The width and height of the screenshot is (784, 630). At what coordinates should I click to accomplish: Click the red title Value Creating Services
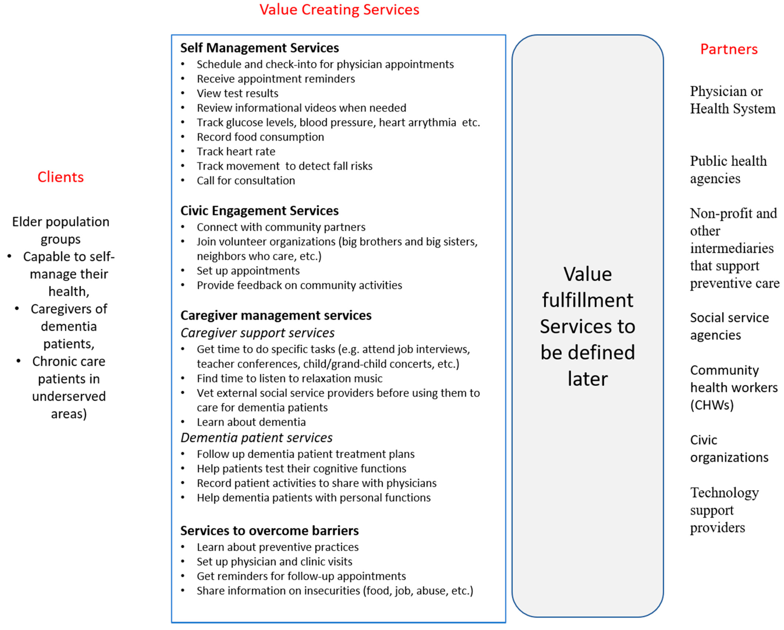339,10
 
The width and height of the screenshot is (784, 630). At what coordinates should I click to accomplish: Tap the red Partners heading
729,49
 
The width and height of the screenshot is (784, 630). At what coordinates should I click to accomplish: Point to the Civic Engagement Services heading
259,211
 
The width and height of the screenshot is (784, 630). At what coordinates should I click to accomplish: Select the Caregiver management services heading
276,315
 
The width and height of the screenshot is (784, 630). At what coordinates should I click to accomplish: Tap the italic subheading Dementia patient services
256,438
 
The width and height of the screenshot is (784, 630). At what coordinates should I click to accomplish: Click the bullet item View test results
237,93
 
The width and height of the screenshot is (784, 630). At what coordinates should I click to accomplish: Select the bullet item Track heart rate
236,151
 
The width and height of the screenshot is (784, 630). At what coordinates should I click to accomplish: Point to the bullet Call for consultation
246,181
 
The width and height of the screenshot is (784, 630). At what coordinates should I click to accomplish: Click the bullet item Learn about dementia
251,422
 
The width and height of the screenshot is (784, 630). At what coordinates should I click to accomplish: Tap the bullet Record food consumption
260,137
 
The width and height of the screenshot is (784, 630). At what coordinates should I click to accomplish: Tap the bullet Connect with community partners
281,227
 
